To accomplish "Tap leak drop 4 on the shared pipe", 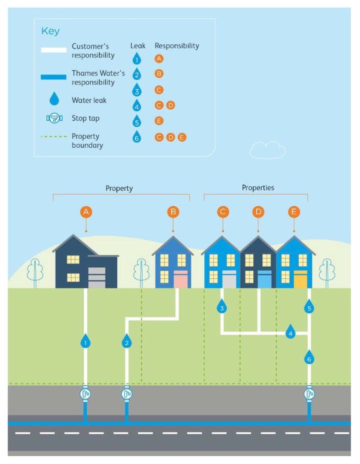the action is [x=290, y=331].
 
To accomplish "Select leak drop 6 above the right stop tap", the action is [x=309, y=357].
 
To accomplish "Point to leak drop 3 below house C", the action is [x=222, y=306].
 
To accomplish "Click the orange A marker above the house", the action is [x=86, y=212].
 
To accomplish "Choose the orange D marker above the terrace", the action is [x=258, y=212].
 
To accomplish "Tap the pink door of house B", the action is [x=180, y=279].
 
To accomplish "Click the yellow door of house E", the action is [x=300, y=279].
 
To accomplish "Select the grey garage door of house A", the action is [x=96, y=277].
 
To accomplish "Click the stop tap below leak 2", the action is [x=126, y=394].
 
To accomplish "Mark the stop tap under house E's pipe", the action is [x=309, y=394].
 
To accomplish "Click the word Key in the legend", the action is [x=50, y=31].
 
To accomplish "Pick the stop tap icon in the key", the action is [x=54, y=118].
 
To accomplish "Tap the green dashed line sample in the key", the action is [x=53, y=136].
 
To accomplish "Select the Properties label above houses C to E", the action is [x=258, y=187].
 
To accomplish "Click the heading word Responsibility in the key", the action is [x=177, y=46].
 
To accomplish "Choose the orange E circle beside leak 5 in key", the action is [x=159, y=120].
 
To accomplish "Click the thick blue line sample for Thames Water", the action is [x=53, y=77].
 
